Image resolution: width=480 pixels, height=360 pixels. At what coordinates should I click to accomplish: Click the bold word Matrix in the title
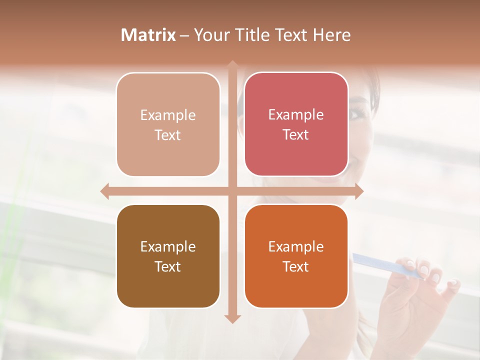tap(148, 35)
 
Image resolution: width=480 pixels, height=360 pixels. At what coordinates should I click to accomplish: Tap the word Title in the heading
tap(253, 35)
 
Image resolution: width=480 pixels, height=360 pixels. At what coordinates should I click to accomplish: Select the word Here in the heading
tap(331, 35)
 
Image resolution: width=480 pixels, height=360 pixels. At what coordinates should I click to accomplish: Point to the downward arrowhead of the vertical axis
tap(232, 318)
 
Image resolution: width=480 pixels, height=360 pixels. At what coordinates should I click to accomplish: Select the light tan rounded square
tap(168, 124)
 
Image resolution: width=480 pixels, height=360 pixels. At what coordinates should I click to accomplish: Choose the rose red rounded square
tap(296, 124)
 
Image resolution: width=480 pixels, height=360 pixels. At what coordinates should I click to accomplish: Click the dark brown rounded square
tap(168, 256)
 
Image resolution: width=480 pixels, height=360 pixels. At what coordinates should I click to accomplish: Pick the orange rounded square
tap(296, 256)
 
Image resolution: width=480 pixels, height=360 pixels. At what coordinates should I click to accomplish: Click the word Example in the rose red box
tap(296, 114)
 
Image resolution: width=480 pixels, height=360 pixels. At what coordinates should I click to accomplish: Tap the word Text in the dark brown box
tap(168, 266)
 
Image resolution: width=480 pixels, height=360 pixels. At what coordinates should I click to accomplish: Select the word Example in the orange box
tap(296, 246)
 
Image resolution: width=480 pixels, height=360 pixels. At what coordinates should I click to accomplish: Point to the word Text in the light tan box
tap(168, 135)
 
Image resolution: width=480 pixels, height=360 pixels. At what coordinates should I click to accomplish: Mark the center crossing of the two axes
tap(232, 191)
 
